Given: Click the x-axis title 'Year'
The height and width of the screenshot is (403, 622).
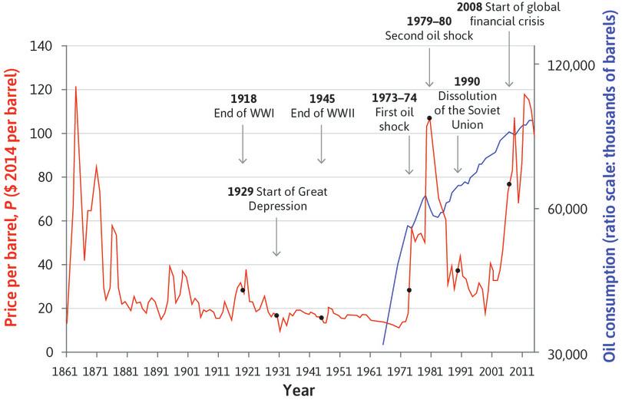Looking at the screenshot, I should [296, 391].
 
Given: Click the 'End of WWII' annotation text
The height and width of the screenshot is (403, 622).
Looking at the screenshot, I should [322, 114].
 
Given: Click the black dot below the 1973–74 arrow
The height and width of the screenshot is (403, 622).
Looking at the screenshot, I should [409, 290].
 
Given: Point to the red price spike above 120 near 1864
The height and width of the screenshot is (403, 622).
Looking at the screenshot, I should [75, 88].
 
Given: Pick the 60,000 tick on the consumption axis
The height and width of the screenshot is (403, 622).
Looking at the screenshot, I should [566, 209].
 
